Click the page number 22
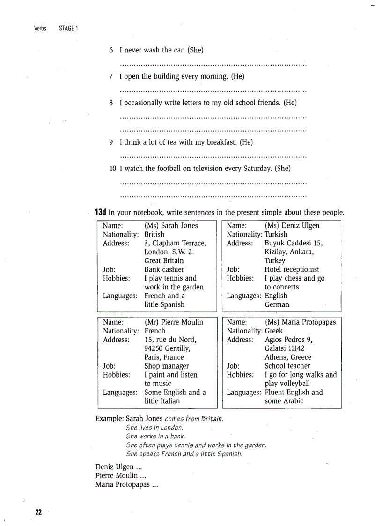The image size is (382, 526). click(x=38, y=512)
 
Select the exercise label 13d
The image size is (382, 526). click(x=101, y=212)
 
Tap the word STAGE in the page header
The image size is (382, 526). click(x=66, y=29)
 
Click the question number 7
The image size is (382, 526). click(x=111, y=76)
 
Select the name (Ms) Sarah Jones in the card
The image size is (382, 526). click(x=171, y=226)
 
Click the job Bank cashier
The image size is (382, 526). click(x=164, y=269)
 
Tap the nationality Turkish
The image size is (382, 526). click(x=276, y=234)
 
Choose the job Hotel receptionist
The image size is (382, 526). click(x=292, y=269)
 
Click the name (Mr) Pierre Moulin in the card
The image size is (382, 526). click(x=174, y=322)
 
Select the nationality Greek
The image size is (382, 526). click(x=274, y=331)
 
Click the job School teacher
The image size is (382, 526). click(x=287, y=366)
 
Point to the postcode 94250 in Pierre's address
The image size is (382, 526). click(x=154, y=348)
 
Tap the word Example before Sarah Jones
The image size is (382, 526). click(x=110, y=418)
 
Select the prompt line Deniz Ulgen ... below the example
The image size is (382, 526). click(x=118, y=467)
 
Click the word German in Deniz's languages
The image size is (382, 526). click(x=277, y=304)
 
